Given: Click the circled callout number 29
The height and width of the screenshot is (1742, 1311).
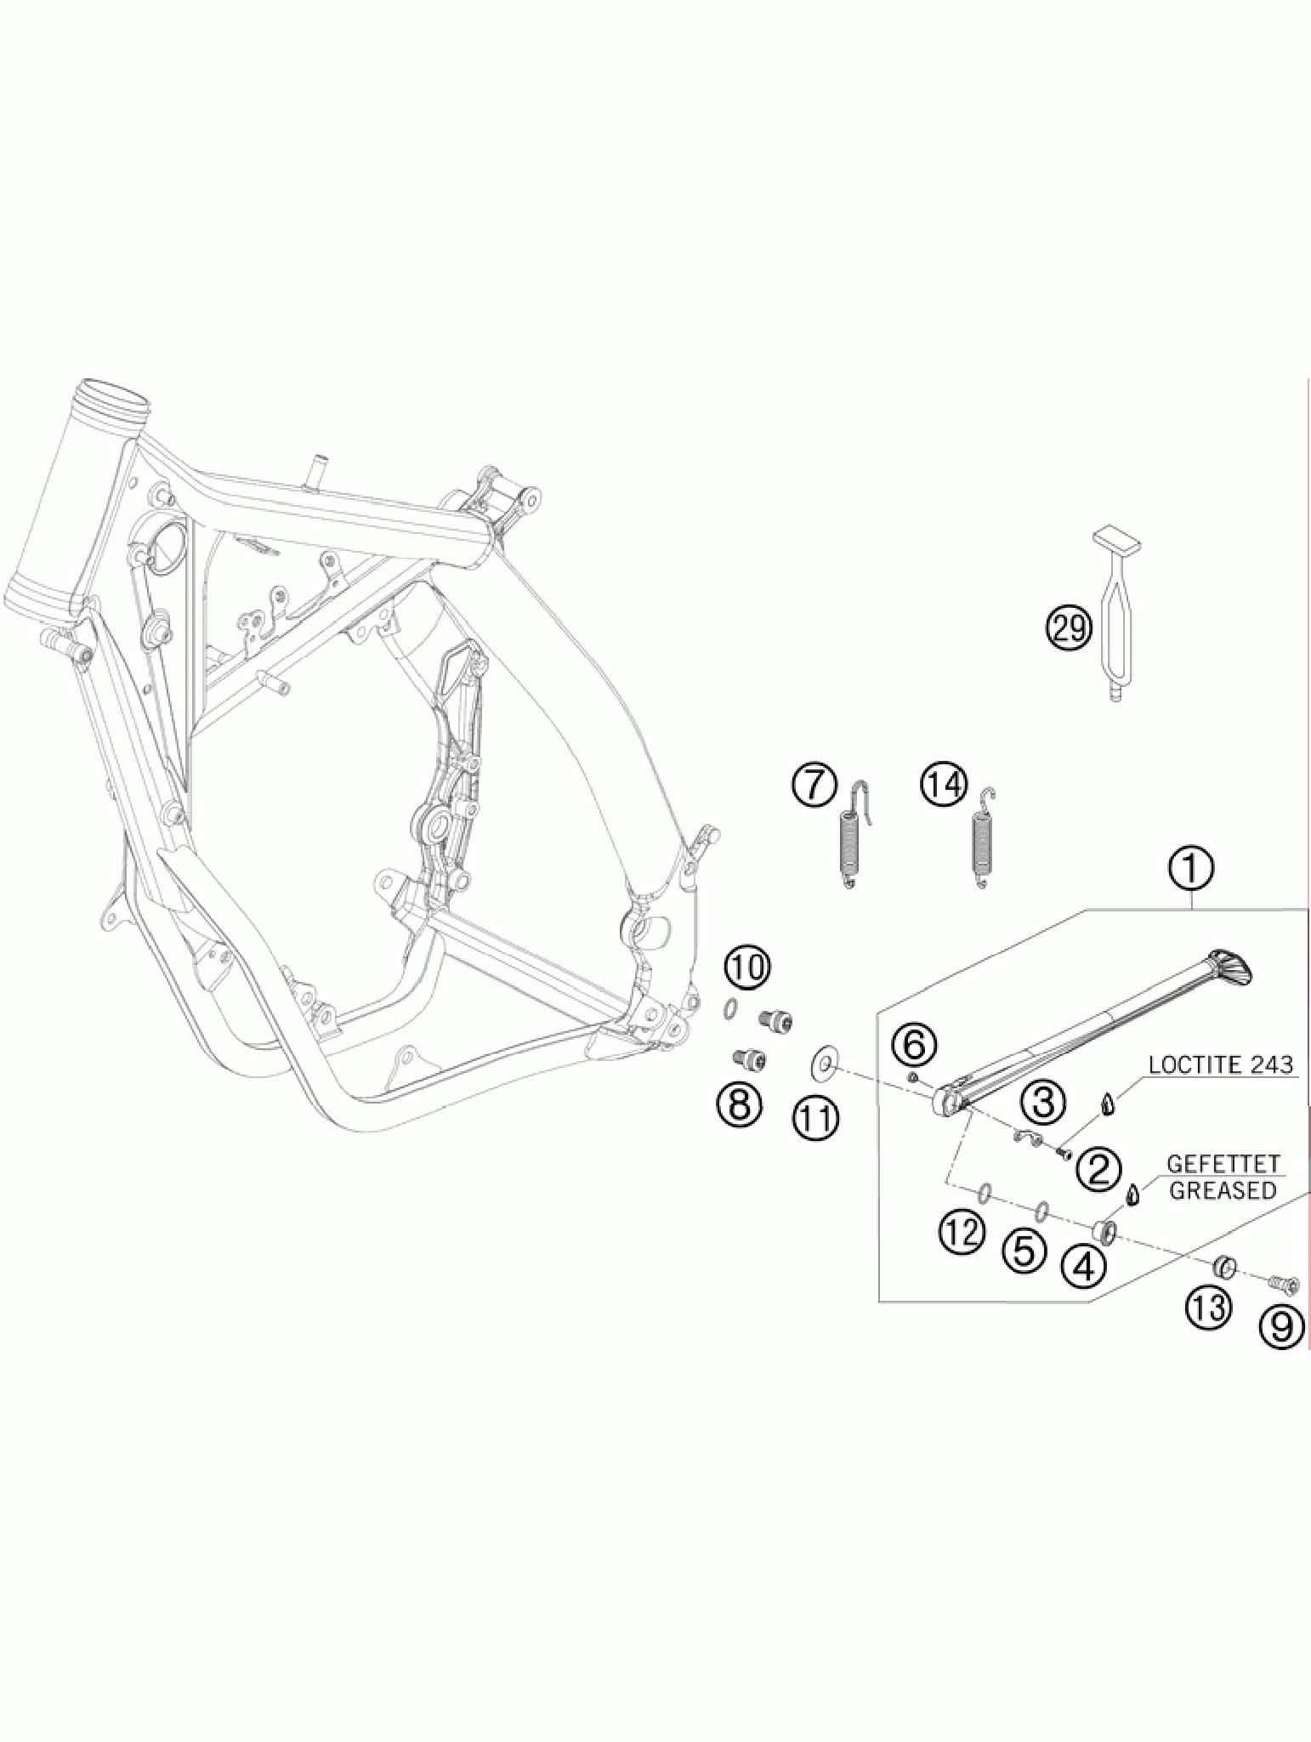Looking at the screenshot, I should (x=1069, y=628).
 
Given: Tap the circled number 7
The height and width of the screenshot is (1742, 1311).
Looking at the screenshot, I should (x=814, y=784).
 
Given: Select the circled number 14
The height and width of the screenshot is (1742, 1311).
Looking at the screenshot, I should (x=944, y=784).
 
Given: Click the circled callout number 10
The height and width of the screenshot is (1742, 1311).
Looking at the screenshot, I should (x=747, y=967).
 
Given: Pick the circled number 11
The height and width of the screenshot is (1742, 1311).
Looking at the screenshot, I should (x=816, y=1118).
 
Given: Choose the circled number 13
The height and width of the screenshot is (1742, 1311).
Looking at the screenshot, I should (x=1208, y=1308).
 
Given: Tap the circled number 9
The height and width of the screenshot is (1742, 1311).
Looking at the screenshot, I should (x=1282, y=1325).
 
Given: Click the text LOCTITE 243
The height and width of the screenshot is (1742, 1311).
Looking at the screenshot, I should (x=1220, y=1064).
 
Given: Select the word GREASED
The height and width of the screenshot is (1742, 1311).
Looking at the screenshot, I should (x=1223, y=1190).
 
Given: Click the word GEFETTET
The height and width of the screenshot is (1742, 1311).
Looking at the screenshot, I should (x=1223, y=1164).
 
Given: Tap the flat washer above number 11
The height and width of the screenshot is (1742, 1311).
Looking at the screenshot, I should (x=822, y=1063).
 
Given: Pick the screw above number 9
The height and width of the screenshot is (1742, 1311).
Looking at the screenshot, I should (x=1281, y=1284).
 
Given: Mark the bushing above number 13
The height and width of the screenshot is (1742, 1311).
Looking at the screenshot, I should (x=1224, y=1268).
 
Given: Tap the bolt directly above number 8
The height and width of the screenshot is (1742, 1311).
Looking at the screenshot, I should (x=750, y=1058).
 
